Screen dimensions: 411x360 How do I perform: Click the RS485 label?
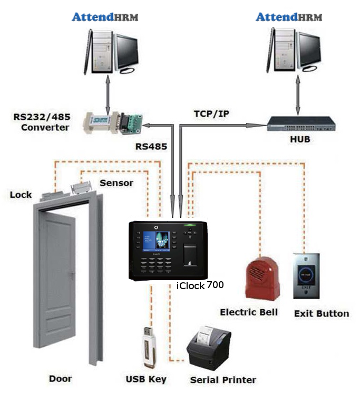click(152, 146)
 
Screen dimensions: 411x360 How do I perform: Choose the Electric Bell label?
click(248, 312)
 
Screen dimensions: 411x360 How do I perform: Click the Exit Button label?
click(321, 313)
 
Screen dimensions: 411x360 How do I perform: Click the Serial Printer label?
click(223, 380)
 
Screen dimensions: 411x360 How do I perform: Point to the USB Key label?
click(146, 379)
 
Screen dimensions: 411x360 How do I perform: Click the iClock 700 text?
click(200, 285)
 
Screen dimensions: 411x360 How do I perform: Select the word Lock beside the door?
click(21, 195)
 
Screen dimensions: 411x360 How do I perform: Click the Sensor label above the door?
click(116, 183)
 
